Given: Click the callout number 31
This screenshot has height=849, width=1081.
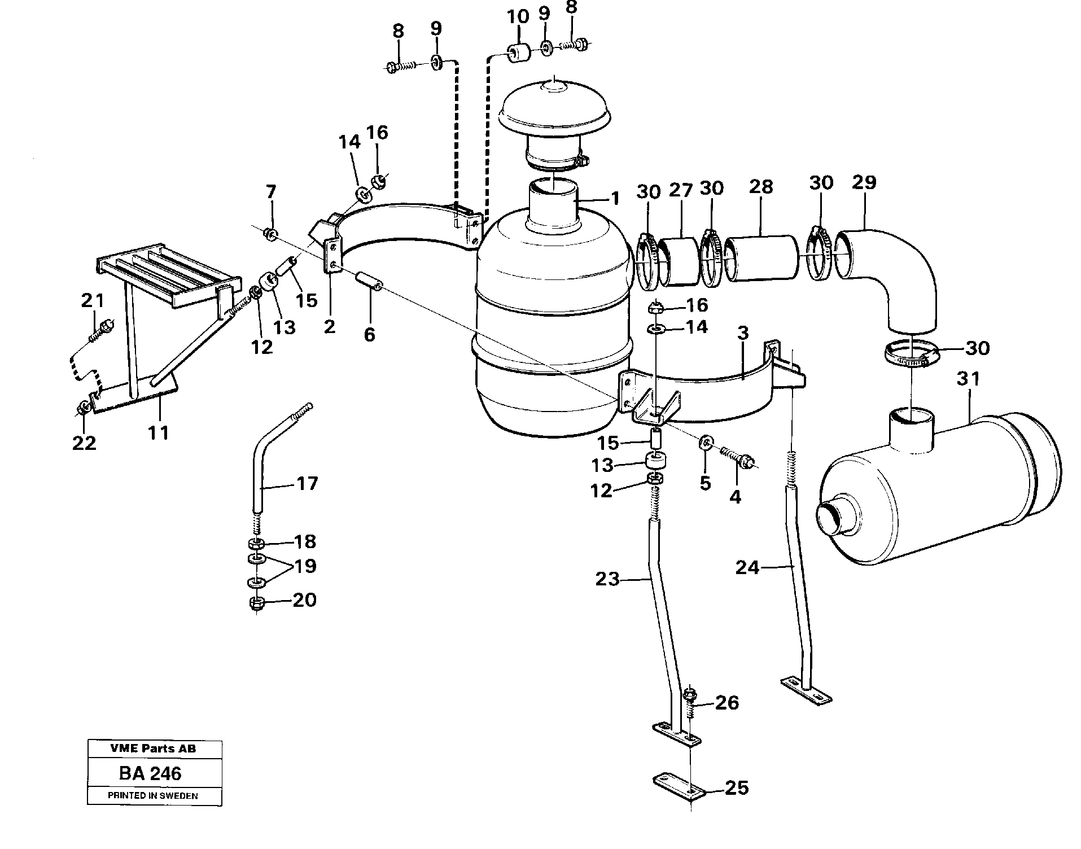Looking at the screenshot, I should click(x=969, y=379).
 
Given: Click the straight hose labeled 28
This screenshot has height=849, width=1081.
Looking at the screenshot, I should click(x=762, y=259).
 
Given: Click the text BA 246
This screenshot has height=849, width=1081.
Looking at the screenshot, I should click(x=150, y=773).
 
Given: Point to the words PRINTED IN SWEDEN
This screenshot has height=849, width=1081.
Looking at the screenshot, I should click(x=153, y=796).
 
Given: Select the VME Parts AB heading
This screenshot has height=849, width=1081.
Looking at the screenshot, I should click(x=153, y=749).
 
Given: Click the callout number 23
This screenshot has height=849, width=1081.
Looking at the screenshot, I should click(x=607, y=579).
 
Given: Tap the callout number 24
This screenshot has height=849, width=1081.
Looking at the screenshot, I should click(x=747, y=567).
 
